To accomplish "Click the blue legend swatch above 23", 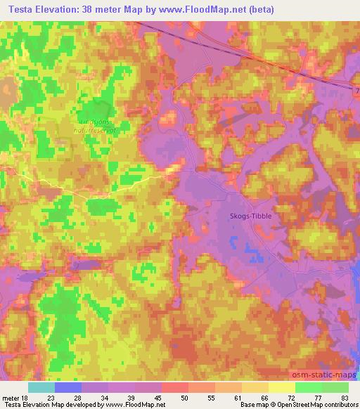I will [x=67, y=387].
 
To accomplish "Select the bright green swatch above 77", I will [x=309, y=387].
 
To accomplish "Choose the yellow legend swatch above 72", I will [x=282, y=387].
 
